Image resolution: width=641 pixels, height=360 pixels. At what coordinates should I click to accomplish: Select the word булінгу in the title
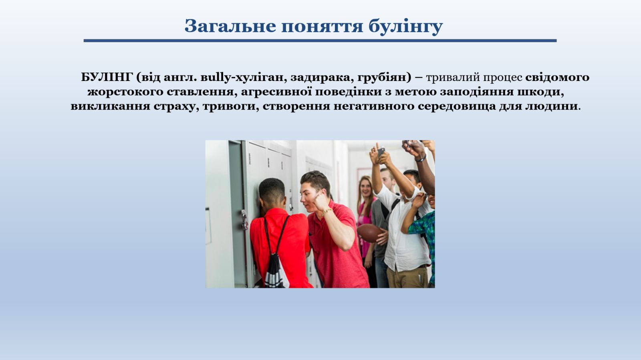(x=405, y=26)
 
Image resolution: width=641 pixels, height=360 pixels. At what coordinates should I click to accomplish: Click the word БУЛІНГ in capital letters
(x=107, y=77)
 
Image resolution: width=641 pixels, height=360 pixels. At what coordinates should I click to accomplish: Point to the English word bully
(x=213, y=77)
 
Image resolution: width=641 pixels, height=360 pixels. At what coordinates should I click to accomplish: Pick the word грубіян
(x=382, y=78)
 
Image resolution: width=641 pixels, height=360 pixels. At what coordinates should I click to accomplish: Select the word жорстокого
(x=125, y=92)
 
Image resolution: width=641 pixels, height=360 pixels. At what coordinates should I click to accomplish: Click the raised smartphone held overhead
(x=381, y=152)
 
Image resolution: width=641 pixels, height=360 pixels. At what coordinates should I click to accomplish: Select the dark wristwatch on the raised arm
(x=421, y=158)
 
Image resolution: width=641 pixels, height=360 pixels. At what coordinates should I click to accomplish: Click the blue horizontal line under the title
(x=320, y=40)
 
